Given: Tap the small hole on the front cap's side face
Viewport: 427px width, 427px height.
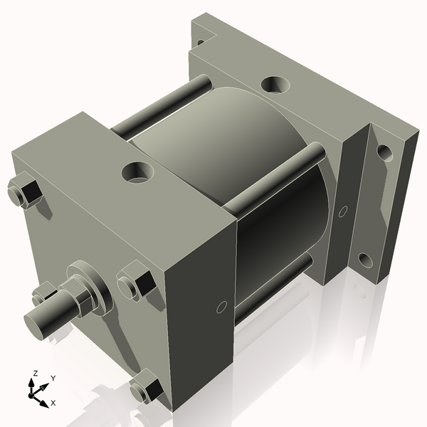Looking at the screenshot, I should tap(221, 307).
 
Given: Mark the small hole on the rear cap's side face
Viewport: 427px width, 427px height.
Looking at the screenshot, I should tap(343, 211).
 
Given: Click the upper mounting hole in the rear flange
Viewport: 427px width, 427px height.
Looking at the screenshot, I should tap(384, 152).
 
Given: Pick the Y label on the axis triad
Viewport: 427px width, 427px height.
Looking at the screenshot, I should tap(53, 379).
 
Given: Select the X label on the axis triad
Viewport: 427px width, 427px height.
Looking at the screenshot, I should tap(53, 403).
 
